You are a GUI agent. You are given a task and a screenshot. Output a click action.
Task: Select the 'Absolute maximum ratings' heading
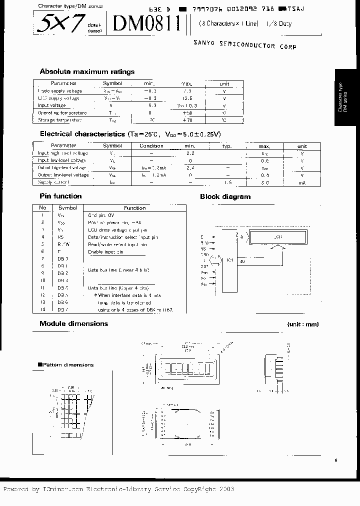(87, 71)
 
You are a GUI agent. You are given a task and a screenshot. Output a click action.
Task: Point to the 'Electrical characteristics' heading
(82, 134)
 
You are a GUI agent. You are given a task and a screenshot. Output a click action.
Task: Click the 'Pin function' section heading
(60, 196)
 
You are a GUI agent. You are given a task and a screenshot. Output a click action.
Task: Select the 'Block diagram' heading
(225, 196)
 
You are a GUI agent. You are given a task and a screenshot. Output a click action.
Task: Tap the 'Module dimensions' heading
(73, 323)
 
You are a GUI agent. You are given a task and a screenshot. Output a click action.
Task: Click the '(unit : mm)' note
(303, 324)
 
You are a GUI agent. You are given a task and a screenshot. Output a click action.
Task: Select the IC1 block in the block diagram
(229, 260)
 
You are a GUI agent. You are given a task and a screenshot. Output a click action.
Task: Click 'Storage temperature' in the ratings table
(60, 120)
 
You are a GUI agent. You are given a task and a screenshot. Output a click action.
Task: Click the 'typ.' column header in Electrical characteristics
(227, 146)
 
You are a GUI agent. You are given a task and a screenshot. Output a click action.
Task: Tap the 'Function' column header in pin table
(134, 208)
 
